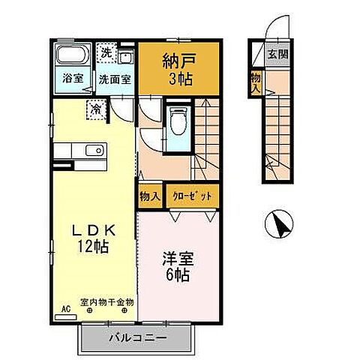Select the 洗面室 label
116,79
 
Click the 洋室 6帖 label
181,267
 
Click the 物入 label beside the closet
150,196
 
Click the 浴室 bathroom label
72,79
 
